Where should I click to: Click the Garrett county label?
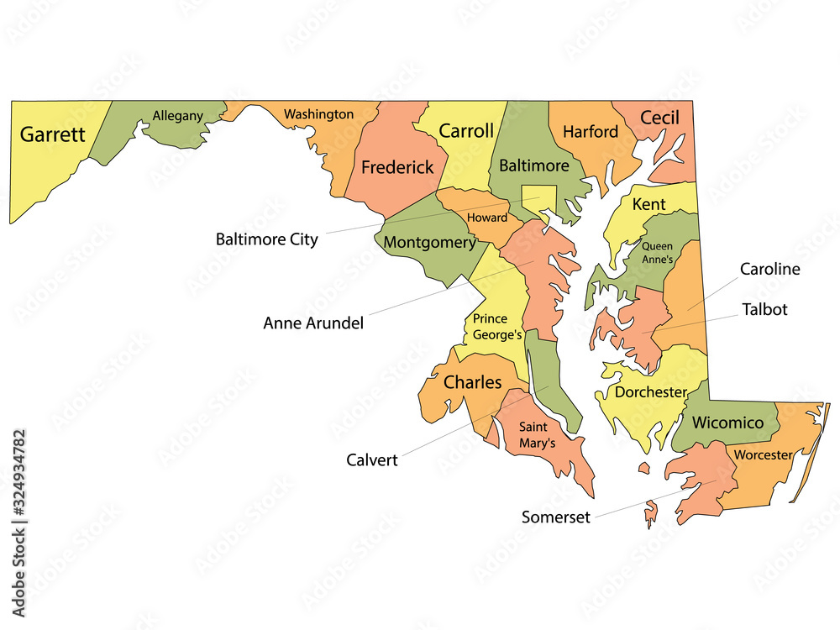(x=53, y=134)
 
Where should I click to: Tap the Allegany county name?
(x=177, y=116)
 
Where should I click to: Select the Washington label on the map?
(x=318, y=113)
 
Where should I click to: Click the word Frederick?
(x=397, y=167)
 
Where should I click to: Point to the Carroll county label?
(x=466, y=131)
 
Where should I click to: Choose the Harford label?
(x=591, y=132)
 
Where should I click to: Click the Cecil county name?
(x=659, y=118)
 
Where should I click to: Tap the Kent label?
(x=648, y=204)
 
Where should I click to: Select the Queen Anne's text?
(x=658, y=253)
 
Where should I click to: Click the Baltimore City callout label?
(x=267, y=239)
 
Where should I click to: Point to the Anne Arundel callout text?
(x=313, y=323)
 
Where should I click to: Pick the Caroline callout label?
(x=769, y=269)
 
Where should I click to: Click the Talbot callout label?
(x=764, y=309)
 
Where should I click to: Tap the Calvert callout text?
(x=372, y=459)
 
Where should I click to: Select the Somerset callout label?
(x=556, y=517)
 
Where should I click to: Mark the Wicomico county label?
(x=727, y=423)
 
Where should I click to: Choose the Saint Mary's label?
(x=537, y=434)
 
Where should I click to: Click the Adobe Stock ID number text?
(x=18, y=487)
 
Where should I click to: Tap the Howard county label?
(x=487, y=218)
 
